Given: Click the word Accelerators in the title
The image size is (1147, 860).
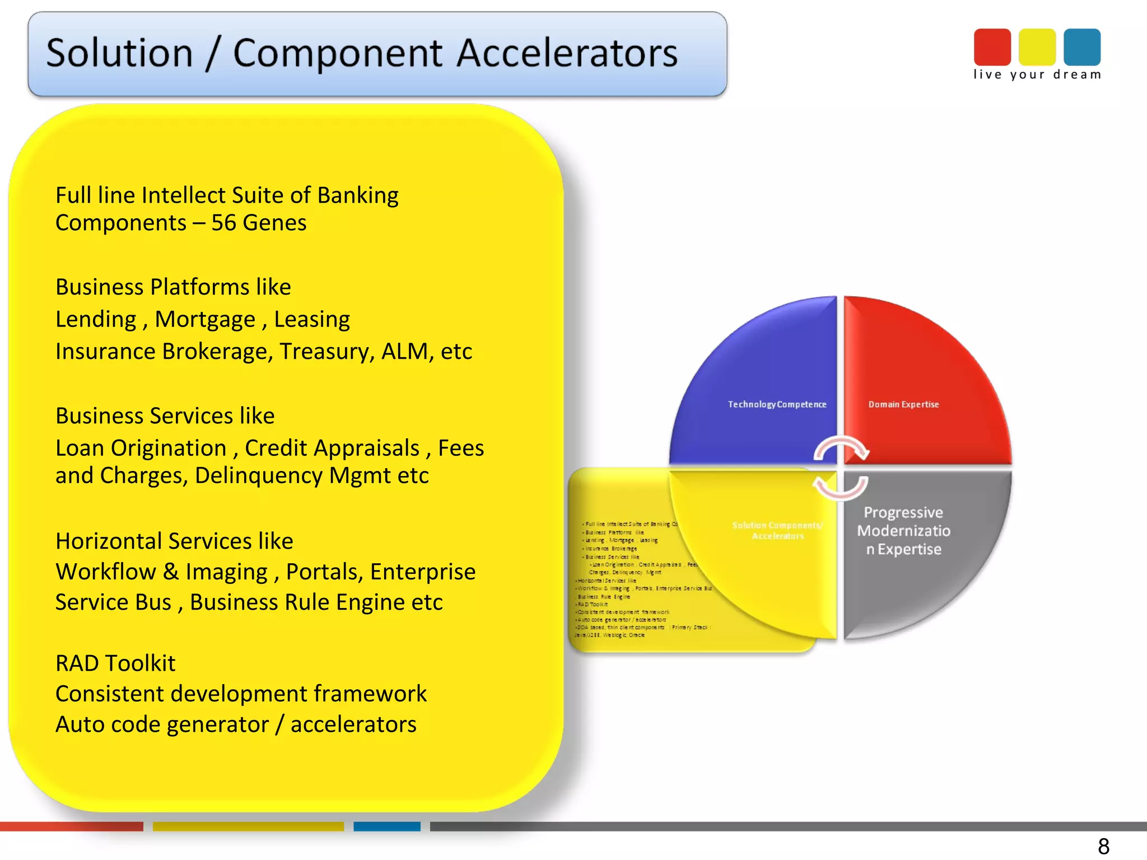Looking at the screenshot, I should pyautogui.click(x=567, y=54).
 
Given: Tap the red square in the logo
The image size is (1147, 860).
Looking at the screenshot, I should pyautogui.click(x=992, y=47).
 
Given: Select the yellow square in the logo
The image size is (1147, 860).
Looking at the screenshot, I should pyautogui.click(x=1037, y=47).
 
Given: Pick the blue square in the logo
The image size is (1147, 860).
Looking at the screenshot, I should pyautogui.click(x=1081, y=47).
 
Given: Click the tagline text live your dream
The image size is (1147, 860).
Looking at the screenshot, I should pyautogui.click(x=1037, y=74).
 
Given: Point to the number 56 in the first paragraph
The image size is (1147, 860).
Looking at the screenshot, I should pyautogui.click(x=223, y=223).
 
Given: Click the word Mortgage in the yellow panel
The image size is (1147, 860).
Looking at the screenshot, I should pyautogui.click(x=204, y=319).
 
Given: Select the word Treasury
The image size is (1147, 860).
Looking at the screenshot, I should pyautogui.click(x=327, y=352).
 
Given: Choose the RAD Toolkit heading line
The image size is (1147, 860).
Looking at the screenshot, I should pyautogui.click(x=115, y=663).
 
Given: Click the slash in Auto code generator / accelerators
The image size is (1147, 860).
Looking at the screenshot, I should pyautogui.click(x=279, y=725).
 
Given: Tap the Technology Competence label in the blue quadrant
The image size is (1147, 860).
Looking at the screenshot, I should pyautogui.click(x=777, y=404).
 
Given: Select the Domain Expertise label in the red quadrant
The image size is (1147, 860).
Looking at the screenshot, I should pyautogui.click(x=903, y=404).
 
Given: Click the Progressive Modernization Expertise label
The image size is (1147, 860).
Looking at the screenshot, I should pyautogui.click(x=903, y=531).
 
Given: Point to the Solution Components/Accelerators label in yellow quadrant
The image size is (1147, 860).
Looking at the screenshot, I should pyautogui.click(x=777, y=530).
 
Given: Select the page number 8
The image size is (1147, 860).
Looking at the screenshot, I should pyautogui.click(x=1103, y=846).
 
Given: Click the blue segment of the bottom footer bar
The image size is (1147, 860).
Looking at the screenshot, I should pyautogui.click(x=386, y=826).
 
